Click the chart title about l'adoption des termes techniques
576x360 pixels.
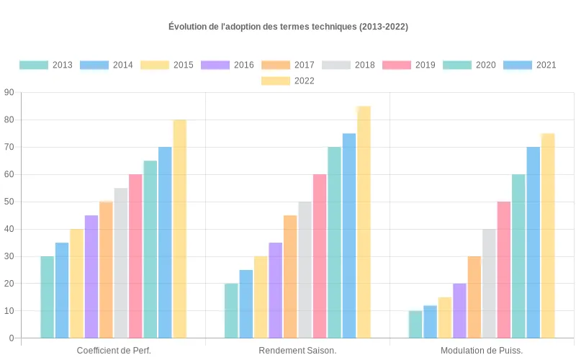point(288,27)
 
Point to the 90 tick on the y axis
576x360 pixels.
point(9,92)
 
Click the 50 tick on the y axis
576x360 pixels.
point(9,202)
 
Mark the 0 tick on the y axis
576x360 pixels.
point(11,338)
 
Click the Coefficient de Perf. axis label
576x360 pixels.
point(113,351)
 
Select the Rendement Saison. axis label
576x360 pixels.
point(297,351)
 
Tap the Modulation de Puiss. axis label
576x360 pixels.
point(482,351)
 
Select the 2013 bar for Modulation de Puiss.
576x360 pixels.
point(415,324)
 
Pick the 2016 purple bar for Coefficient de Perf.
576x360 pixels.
point(91,276)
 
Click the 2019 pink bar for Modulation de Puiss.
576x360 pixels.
point(504,269)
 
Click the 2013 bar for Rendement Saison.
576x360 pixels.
point(231,310)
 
